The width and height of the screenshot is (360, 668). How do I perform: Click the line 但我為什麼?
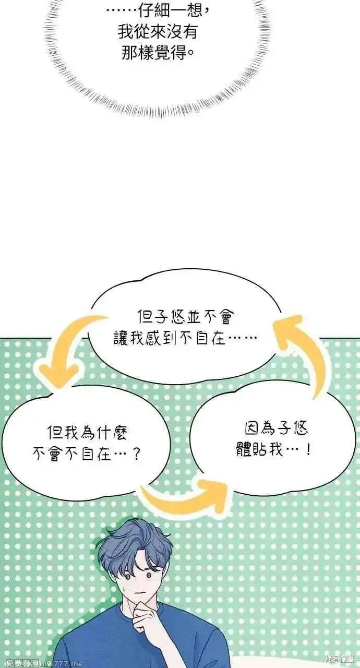pyautogui.click(x=88, y=433)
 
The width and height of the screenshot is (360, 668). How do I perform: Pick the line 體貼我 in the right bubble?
pyautogui.click(x=259, y=449)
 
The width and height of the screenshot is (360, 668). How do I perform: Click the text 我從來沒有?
pyautogui.click(x=158, y=32)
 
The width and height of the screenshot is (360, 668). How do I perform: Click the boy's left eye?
pyautogui.click(x=127, y=577)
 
